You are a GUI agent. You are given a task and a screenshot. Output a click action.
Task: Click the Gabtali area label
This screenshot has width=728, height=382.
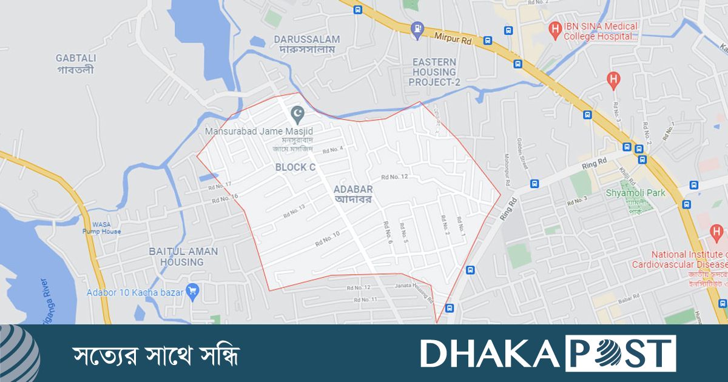point(76,63)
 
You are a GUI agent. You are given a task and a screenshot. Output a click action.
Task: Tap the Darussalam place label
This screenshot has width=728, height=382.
point(306,44)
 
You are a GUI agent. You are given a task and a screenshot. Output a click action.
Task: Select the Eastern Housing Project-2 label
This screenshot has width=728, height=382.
point(434,72)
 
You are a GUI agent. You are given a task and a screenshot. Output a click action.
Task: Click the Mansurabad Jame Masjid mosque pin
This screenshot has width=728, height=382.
point(297,113)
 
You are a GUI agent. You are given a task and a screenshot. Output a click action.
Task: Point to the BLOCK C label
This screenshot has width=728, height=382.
point(295,167)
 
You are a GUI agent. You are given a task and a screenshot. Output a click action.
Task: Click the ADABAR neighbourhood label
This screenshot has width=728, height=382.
point(353,194)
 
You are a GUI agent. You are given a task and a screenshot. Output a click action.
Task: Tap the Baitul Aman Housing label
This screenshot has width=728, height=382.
point(176,256)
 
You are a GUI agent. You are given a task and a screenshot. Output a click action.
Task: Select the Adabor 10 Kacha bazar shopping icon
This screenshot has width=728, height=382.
point(193,290)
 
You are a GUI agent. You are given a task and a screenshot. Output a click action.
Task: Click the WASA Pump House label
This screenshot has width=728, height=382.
point(102,228)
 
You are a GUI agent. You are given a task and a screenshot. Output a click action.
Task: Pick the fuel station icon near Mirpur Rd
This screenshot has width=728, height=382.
point(417,28)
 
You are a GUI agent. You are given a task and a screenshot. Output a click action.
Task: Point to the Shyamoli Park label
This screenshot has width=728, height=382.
point(635,193)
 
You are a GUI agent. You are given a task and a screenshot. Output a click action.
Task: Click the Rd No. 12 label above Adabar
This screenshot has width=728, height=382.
point(394,177)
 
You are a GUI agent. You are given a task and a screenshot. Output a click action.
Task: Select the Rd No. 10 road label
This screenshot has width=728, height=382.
point(328,239)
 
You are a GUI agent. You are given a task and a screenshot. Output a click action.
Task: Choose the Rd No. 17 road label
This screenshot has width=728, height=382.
point(220,185)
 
